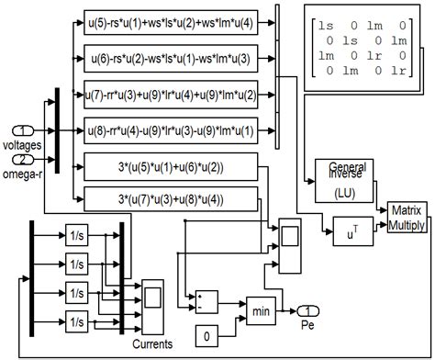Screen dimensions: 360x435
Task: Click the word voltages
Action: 23,144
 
